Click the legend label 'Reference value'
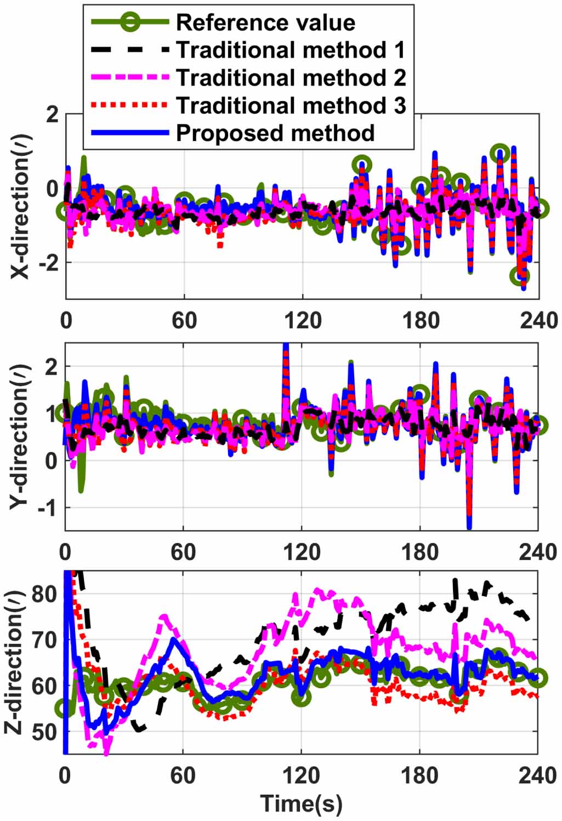pyautogui.click(x=265, y=22)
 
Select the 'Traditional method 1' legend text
pyautogui.click(x=291, y=50)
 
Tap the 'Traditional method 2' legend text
pyautogui.click(x=291, y=78)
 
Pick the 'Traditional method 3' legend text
pyautogui.click(x=291, y=105)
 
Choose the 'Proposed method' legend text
pyautogui.click(x=275, y=133)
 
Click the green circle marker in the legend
pyautogui.click(x=130, y=22)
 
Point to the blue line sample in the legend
pyautogui.click(x=130, y=133)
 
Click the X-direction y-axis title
pyautogui.click(x=20, y=207)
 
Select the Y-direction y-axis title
pyautogui.click(x=20, y=437)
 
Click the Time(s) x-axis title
pyautogui.click(x=301, y=803)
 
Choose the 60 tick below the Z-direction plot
pyautogui.click(x=183, y=775)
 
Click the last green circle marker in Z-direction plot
pyautogui.click(x=538, y=678)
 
